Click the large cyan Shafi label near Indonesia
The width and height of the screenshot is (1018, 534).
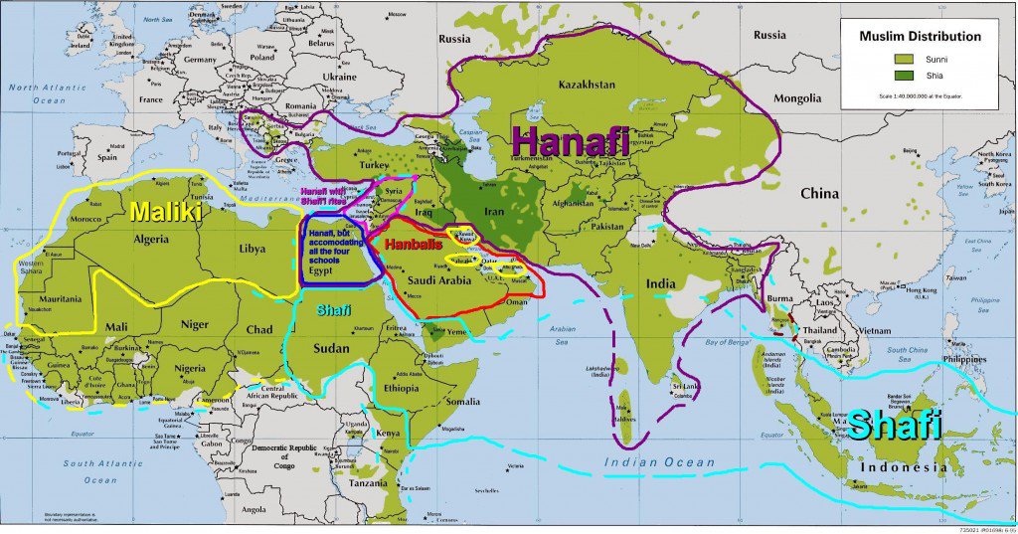click(894, 427)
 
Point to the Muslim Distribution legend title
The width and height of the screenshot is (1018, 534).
click(920, 37)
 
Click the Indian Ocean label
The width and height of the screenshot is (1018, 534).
click(660, 462)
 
